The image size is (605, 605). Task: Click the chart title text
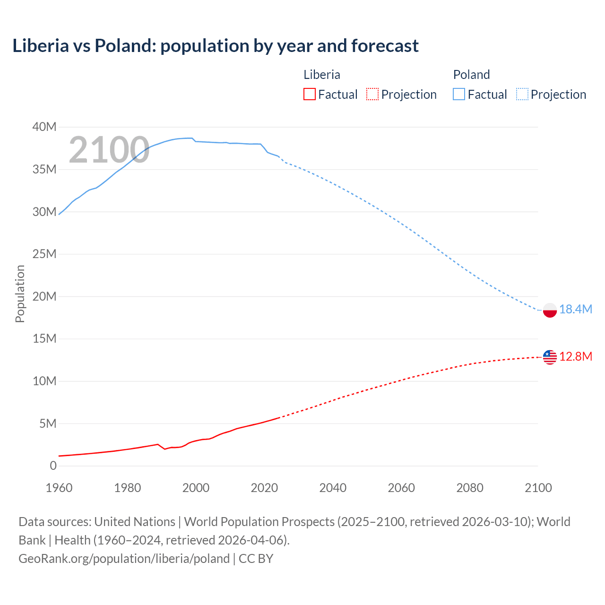click(216, 46)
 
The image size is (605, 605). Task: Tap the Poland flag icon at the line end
click(550, 310)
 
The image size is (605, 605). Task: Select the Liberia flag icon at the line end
click(550, 357)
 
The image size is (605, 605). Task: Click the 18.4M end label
click(576, 309)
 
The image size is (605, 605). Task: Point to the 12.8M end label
click(576, 356)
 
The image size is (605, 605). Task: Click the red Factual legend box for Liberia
click(309, 94)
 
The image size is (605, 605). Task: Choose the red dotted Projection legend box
click(372, 94)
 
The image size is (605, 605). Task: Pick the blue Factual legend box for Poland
click(458, 94)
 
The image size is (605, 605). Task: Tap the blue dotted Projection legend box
click(522, 94)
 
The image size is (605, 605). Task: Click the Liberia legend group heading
click(321, 75)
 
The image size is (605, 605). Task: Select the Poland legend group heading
click(471, 75)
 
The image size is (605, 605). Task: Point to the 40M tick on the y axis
click(44, 127)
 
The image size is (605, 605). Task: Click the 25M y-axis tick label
click(44, 254)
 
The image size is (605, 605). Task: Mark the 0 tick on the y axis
click(53, 466)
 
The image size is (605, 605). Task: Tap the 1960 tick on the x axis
click(59, 488)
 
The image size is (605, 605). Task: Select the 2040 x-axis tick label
click(333, 488)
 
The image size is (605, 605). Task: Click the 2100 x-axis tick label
click(538, 488)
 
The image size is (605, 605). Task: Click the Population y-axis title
click(20, 294)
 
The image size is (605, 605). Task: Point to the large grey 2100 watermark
click(109, 150)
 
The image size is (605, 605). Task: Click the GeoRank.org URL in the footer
click(124, 558)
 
